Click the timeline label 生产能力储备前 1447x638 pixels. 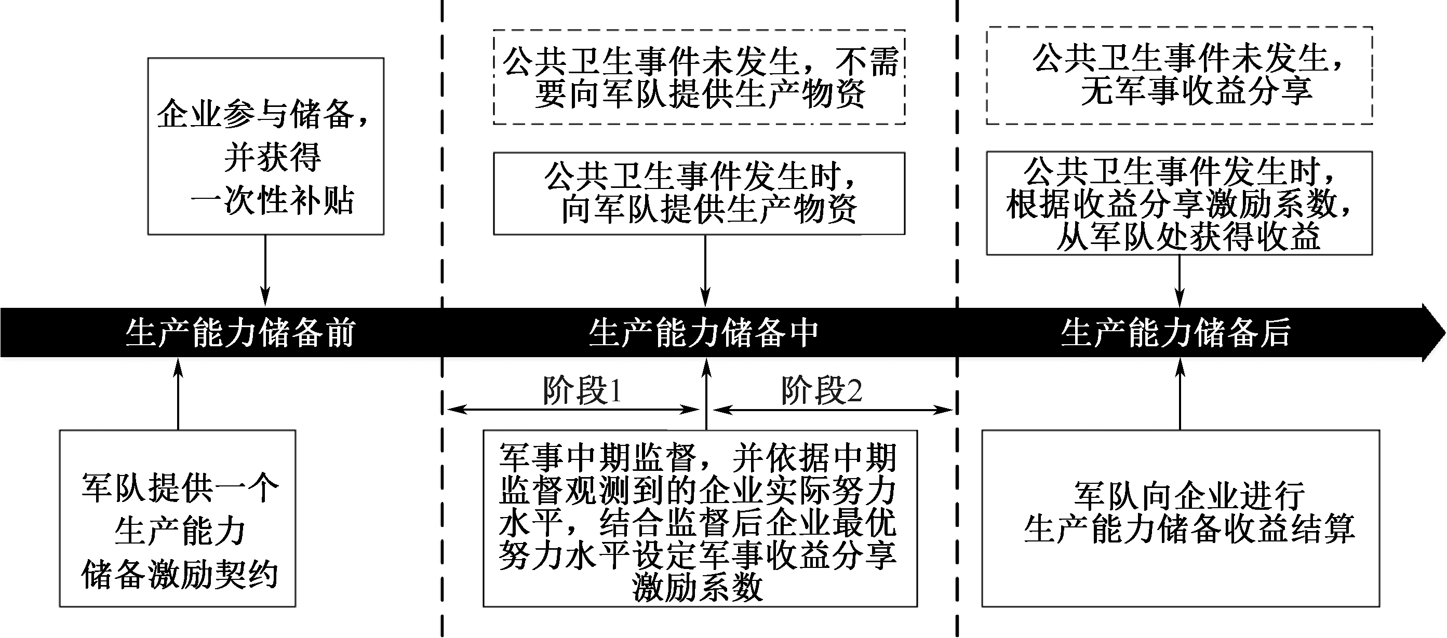tap(240, 333)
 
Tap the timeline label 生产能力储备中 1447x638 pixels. tap(703, 333)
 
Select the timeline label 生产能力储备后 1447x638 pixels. tap(1176, 333)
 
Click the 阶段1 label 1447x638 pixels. tap(582, 390)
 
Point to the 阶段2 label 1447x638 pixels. tap(821, 390)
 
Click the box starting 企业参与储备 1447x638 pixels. tap(266, 146)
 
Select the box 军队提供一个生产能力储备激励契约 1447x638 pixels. tap(178, 519)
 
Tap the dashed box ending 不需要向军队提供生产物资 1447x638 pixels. tap(699, 77)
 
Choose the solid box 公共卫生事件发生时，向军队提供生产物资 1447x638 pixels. tap(699, 193)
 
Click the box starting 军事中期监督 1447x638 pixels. tap(700, 519)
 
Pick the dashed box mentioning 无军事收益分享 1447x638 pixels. tap(1180, 75)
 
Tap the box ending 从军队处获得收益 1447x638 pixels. tap(1180, 203)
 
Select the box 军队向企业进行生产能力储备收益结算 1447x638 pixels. tap(1181, 519)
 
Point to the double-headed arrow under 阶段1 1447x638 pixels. tap(573, 410)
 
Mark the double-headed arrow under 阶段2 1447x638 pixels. tap(833, 410)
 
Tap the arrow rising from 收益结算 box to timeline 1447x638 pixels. tap(1180, 394)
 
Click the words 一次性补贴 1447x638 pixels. tap(273, 200)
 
